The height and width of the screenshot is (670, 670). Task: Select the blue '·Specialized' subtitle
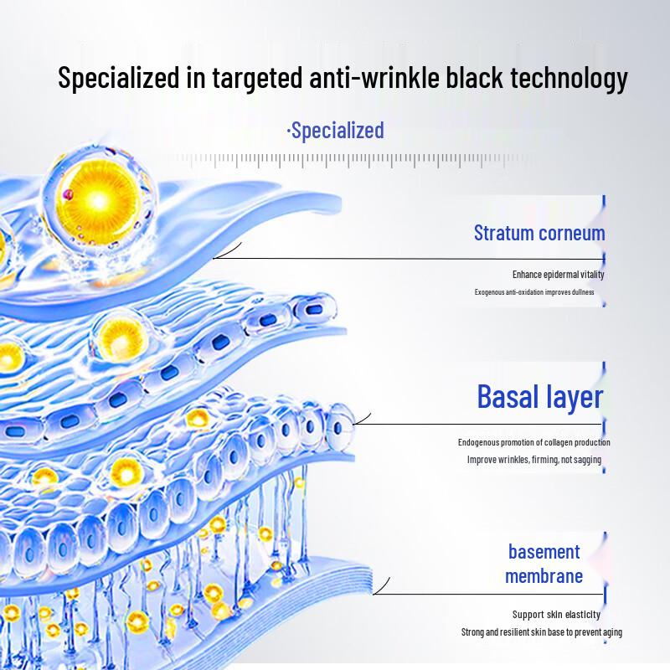pyautogui.click(x=335, y=131)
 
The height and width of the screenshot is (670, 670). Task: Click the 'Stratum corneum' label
pyautogui.click(x=539, y=233)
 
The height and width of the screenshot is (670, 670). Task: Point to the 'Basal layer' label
pyautogui.click(x=539, y=396)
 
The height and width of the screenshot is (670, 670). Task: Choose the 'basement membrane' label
pyautogui.click(x=544, y=564)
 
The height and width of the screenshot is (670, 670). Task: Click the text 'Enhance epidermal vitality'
pyautogui.click(x=558, y=274)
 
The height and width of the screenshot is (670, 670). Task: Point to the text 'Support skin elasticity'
pyautogui.click(x=556, y=615)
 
